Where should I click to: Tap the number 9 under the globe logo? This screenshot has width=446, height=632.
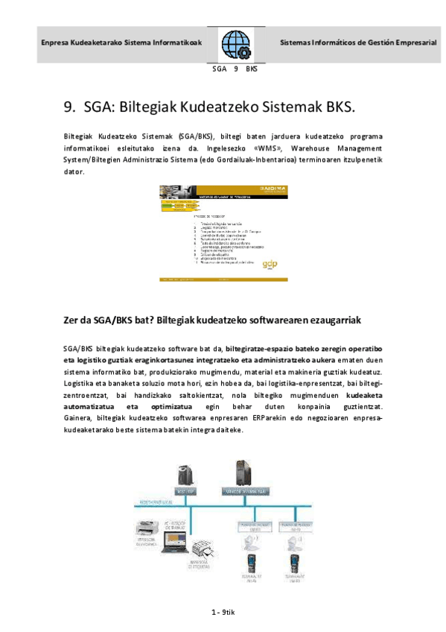click(235, 69)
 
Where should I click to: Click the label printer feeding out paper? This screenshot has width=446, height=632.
click(206, 552)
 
